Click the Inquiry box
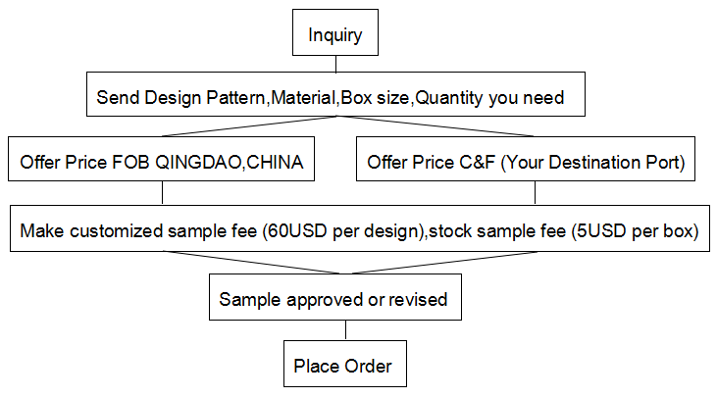click(x=335, y=32)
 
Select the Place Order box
click(x=345, y=364)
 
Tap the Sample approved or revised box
click(x=335, y=297)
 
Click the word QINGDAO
click(x=197, y=162)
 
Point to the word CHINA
click(x=275, y=162)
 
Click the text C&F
click(x=477, y=162)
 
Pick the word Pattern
click(x=235, y=97)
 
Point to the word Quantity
click(x=448, y=98)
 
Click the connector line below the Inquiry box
click(x=335, y=64)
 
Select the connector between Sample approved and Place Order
click(x=345, y=330)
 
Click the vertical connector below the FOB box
click(x=163, y=193)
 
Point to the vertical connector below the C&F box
click(x=535, y=193)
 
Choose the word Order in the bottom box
click(x=368, y=366)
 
